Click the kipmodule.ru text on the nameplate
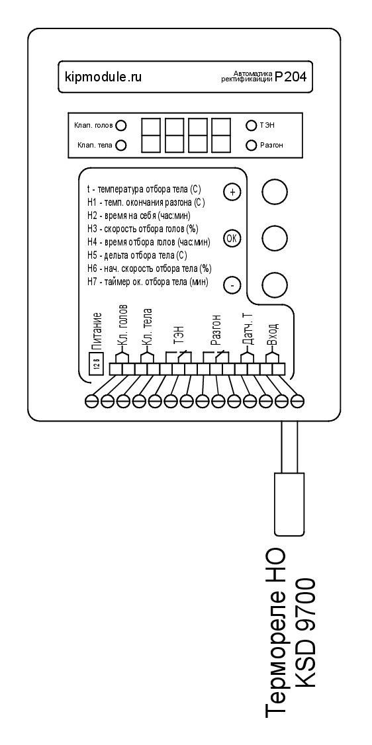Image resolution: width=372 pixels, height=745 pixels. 103,77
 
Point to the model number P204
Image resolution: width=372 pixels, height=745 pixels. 292,77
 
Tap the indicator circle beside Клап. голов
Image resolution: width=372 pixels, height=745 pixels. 121,126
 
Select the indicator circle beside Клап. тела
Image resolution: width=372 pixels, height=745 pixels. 120,146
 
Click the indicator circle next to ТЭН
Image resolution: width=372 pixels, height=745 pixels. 251,126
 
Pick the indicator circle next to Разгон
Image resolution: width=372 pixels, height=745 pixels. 251,145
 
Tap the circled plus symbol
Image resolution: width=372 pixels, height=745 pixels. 232,192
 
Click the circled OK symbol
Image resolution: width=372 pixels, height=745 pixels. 232,239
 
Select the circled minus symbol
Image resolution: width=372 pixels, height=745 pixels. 232,286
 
